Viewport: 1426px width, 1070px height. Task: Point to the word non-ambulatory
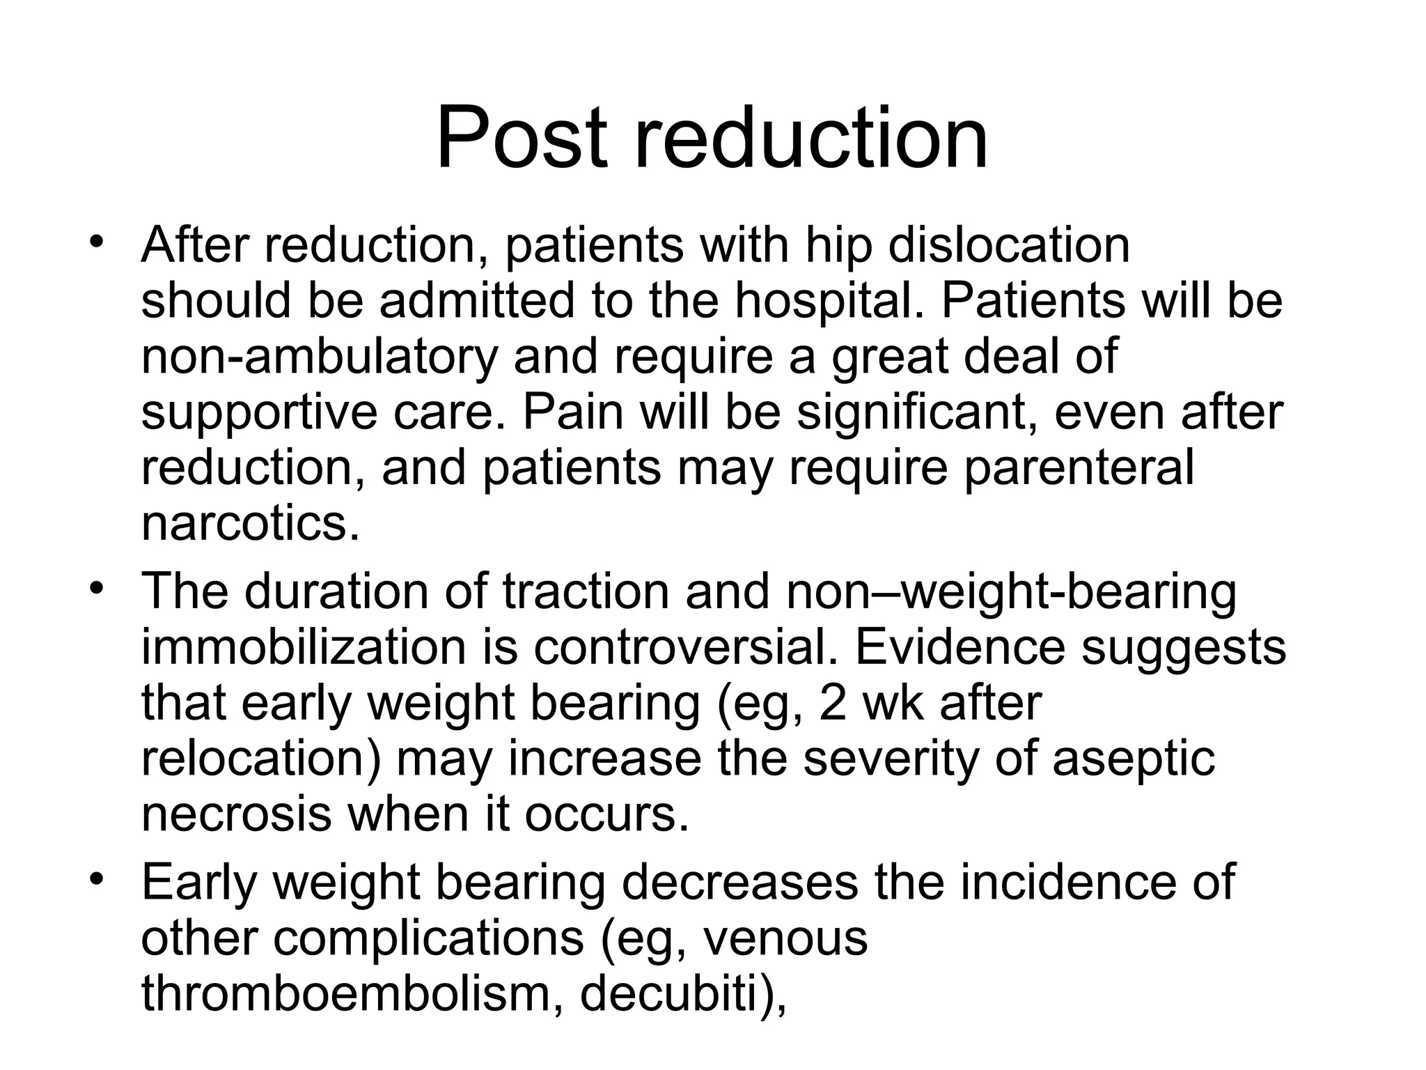tap(320, 356)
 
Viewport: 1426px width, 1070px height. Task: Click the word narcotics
tap(251, 523)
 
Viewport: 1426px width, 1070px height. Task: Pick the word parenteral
tap(1078, 467)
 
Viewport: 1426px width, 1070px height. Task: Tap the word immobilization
tap(303, 647)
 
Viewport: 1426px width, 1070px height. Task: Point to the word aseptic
tap(1134, 759)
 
